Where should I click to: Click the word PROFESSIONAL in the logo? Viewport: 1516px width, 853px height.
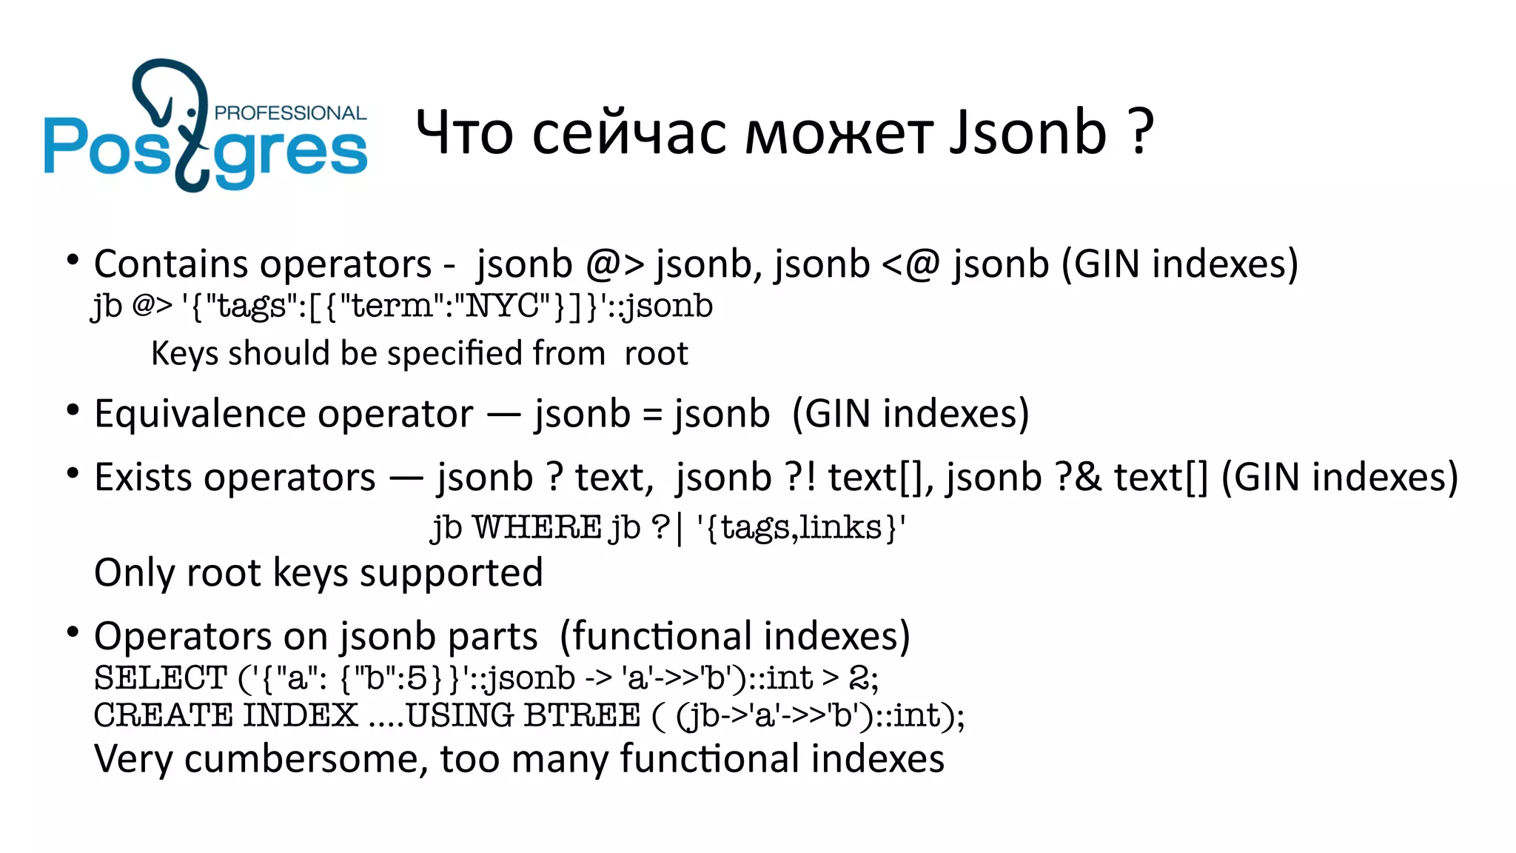290,113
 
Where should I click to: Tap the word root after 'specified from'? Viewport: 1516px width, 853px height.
656,354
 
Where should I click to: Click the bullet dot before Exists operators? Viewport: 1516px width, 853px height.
73,472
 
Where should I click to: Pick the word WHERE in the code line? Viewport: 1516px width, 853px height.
537,528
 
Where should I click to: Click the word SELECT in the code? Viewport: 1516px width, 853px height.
161,678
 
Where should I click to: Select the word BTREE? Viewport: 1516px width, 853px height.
582,716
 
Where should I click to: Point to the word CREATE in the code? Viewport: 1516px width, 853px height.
164,716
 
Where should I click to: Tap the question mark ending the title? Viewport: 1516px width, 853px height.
1141,133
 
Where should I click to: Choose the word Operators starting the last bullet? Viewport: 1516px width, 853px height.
183,637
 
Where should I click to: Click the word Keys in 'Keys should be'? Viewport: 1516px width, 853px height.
185,354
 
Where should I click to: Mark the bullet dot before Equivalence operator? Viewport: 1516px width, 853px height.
73,409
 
